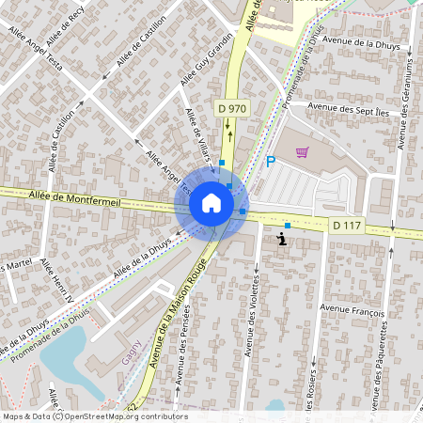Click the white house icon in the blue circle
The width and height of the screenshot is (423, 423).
pyautogui.click(x=211, y=203)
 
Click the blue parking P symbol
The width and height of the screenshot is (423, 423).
pyautogui.click(x=271, y=162)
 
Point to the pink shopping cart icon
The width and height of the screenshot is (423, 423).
pyautogui.click(x=302, y=151)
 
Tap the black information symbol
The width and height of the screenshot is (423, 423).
pyautogui.click(x=283, y=240)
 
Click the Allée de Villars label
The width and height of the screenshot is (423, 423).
pyautogui.click(x=198, y=132)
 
